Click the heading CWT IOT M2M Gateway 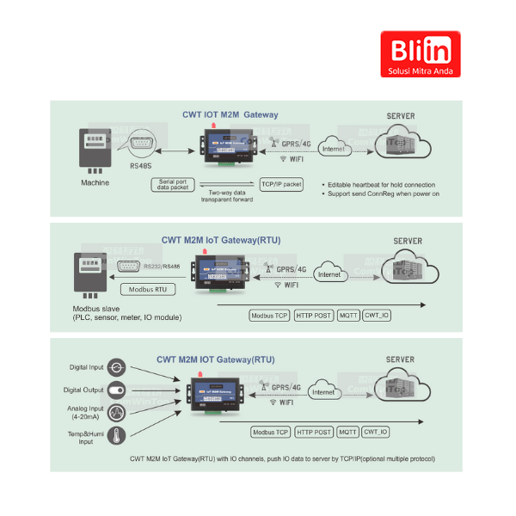tap(230, 114)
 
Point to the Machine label tap(95, 182)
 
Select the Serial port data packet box tap(175, 184)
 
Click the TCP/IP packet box tap(281, 184)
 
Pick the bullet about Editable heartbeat tap(381, 185)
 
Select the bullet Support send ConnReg tap(384, 194)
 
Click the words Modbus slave tap(96, 308)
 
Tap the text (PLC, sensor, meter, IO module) tap(126, 317)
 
